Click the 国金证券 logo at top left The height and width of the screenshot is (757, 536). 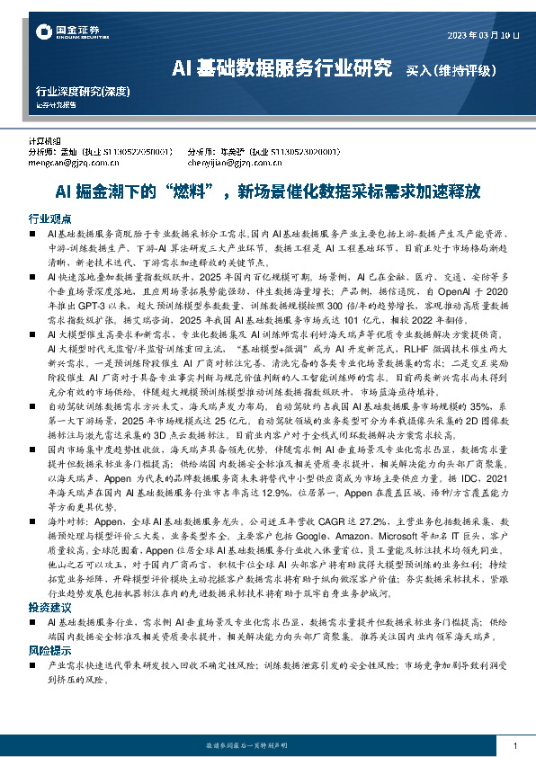click(x=61, y=32)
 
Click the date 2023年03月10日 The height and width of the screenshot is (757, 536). click(x=484, y=36)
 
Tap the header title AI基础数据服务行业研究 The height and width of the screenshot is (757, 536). click(x=281, y=67)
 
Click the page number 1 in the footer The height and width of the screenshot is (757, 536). click(x=514, y=745)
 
